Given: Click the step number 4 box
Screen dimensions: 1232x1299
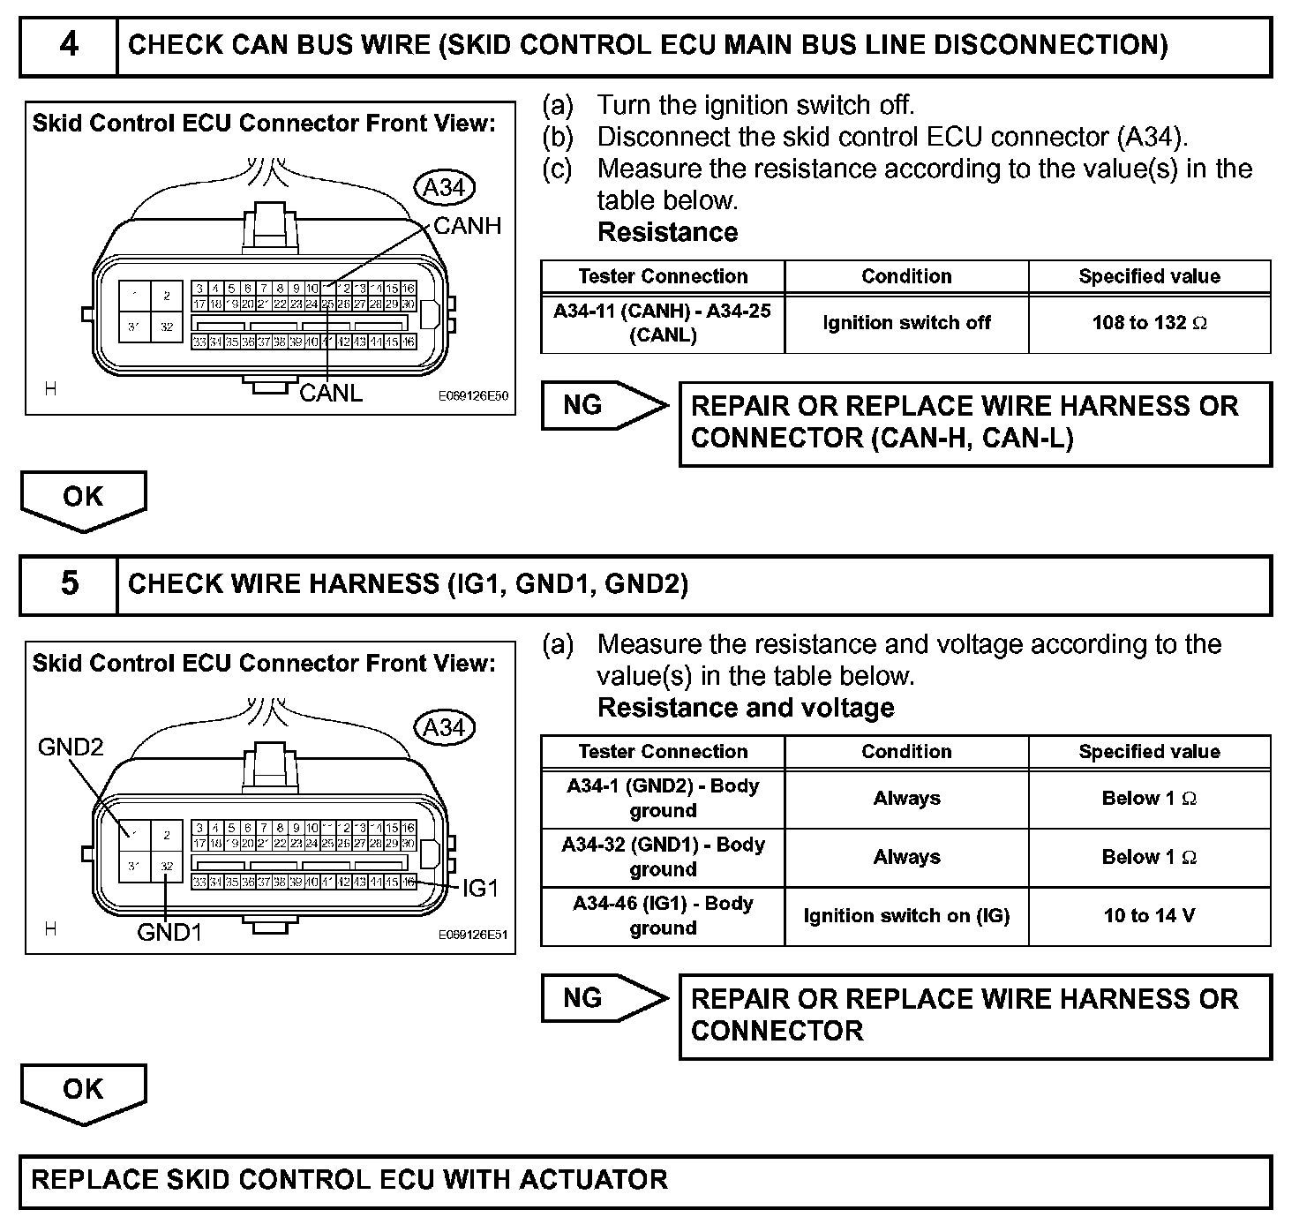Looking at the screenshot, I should click(69, 45).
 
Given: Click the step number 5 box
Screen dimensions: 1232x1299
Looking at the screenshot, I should click(69, 584).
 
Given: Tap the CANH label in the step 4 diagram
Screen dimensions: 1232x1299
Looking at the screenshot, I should click(467, 226).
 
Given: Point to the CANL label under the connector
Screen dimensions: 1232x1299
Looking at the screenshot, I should click(331, 394).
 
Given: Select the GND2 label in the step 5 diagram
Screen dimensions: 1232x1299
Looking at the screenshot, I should click(71, 747).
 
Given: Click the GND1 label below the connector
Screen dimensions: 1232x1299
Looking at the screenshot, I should click(169, 932).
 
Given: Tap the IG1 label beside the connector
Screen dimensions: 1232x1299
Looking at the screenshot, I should click(480, 889).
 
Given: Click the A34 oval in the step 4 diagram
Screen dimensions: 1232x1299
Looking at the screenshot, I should click(444, 188).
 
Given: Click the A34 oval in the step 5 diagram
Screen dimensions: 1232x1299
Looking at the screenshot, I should click(444, 728).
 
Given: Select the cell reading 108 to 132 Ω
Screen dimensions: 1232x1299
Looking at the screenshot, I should click(1149, 323).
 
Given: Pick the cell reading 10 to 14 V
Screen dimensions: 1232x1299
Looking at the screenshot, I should click(1149, 916).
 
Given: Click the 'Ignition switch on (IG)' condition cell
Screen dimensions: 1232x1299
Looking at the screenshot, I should click(906, 916).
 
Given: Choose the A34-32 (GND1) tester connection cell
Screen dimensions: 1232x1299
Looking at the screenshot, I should click(663, 857).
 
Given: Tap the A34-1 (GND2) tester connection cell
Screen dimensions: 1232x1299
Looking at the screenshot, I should click(663, 798).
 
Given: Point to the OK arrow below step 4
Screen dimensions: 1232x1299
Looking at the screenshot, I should click(83, 499).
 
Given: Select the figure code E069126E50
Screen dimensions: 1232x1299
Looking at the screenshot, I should click(474, 396).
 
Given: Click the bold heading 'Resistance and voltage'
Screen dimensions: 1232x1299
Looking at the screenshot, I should click(746, 708).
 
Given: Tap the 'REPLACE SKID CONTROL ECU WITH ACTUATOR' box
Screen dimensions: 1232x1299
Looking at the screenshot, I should click(645, 1181).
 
